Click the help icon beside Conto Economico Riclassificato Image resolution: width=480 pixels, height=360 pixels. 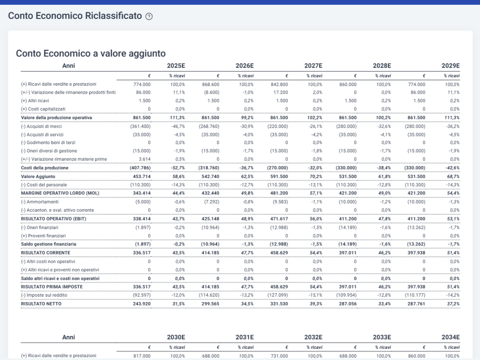pos(149,16)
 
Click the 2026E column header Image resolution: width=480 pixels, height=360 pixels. pos(244,66)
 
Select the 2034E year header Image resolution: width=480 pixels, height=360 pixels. pos(450,337)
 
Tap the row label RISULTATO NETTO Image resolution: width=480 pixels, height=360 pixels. pos(41,304)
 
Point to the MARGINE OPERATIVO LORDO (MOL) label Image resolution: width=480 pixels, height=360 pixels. pos(60,193)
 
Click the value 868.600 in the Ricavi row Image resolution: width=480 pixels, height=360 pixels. pos(210,84)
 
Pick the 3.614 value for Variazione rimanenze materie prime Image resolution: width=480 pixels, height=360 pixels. pos(144,159)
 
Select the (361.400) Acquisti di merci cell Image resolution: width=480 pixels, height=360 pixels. pos(140,126)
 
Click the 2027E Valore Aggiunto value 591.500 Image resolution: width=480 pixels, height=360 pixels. pos(279,177)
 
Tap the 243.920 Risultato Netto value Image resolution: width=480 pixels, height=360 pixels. pos(142,304)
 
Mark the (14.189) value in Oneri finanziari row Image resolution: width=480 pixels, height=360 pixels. pos(348,228)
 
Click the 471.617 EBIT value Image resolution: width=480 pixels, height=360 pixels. pos(279,219)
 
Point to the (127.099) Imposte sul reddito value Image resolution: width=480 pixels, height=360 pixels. pos(278,295)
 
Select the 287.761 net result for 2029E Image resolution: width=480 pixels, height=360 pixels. pos(416,304)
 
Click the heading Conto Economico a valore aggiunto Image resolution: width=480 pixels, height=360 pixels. pos(91,54)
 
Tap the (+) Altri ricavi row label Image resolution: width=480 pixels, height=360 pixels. pos(35,101)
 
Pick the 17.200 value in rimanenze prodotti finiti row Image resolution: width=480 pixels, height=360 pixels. pos(280,92)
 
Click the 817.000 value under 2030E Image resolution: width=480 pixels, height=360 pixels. pos(142,356)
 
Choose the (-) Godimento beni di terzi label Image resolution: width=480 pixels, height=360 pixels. pos(48,142)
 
